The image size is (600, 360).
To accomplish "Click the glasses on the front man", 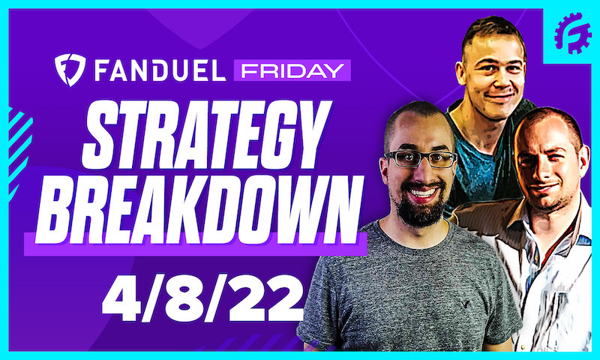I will (420, 158).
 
